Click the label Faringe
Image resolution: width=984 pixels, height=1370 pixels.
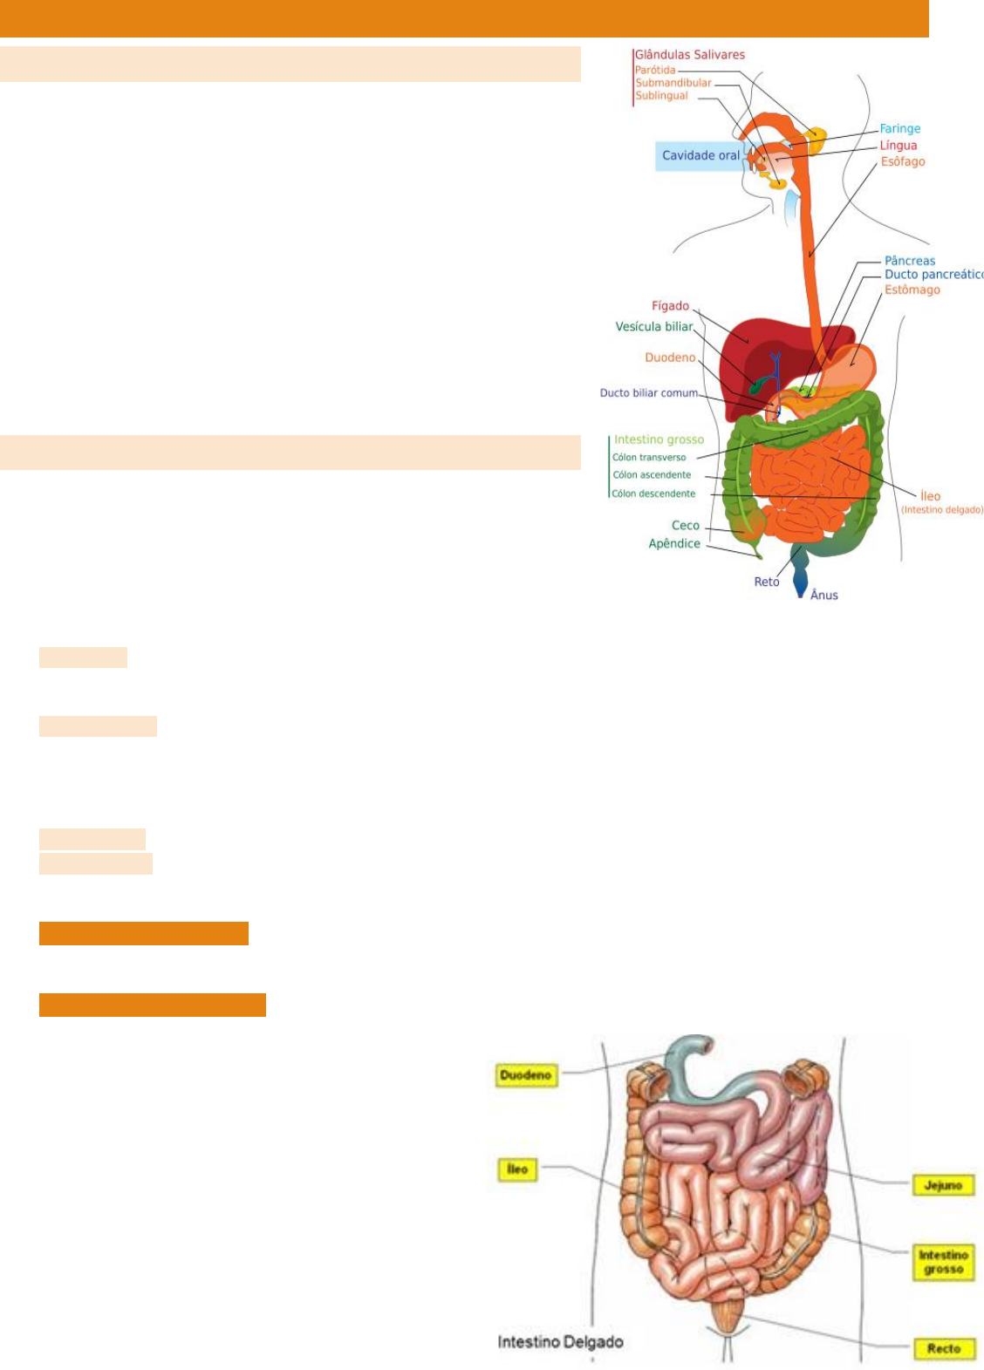tap(899, 129)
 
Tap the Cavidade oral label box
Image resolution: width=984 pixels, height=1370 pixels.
tap(700, 156)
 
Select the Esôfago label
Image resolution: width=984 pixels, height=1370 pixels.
tap(902, 162)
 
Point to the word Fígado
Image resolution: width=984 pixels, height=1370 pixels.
tap(670, 306)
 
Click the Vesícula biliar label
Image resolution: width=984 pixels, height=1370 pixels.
tap(654, 327)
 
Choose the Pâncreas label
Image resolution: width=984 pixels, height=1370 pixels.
tap(909, 261)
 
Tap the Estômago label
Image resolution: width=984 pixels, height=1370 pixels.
tap(912, 290)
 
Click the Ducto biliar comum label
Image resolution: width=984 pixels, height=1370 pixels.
tap(648, 393)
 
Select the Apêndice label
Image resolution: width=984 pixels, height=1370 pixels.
tap(674, 544)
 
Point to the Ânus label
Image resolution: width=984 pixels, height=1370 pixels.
tap(823, 596)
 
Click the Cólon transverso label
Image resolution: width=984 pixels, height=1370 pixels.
tap(649, 458)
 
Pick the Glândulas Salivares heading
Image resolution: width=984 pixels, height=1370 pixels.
tap(689, 55)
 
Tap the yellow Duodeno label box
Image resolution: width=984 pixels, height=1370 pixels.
tap(525, 1075)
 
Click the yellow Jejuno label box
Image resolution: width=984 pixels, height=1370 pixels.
tap(942, 1185)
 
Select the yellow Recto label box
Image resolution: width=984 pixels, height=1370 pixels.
tap(943, 1348)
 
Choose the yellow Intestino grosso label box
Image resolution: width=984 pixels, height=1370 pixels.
tap(943, 1262)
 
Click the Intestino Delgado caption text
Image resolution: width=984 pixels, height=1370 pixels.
tap(560, 1342)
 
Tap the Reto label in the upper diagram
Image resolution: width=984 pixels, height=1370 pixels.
tap(766, 583)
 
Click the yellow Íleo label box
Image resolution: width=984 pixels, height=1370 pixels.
tap(517, 1169)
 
